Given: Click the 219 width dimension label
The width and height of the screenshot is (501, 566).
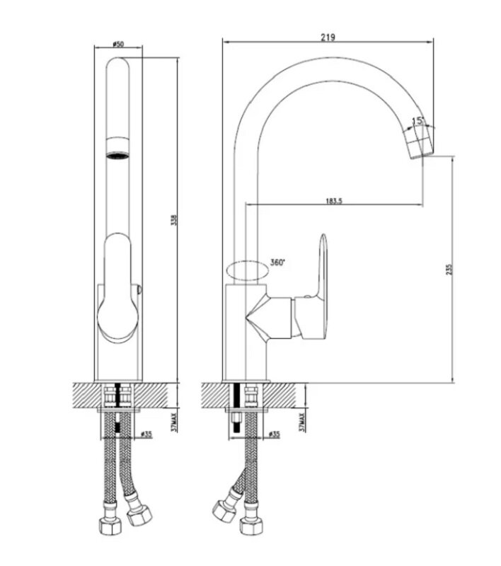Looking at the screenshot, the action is click(x=328, y=37).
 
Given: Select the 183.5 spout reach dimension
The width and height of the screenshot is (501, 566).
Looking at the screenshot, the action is click(x=334, y=200).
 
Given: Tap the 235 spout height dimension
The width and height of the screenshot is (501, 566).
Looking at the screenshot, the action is click(x=449, y=270).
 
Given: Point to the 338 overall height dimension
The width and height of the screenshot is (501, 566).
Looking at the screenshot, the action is click(x=174, y=220).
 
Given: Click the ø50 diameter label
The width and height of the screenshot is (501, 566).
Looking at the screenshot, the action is click(x=118, y=44).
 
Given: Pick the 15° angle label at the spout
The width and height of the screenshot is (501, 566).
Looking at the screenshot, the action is click(x=417, y=120).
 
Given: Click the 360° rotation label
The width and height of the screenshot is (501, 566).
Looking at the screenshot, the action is click(x=277, y=262).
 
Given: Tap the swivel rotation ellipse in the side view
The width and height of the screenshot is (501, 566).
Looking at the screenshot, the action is click(x=247, y=271).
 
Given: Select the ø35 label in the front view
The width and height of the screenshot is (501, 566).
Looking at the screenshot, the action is click(x=146, y=434).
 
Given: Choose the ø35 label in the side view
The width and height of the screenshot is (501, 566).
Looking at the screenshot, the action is click(x=274, y=434).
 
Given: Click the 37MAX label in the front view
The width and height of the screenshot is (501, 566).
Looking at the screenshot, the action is click(x=174, y=422).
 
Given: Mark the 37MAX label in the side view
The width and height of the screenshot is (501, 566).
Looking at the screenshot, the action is click(x=301, y=422).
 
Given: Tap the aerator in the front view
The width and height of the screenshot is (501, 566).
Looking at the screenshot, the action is click(x=117, y=147).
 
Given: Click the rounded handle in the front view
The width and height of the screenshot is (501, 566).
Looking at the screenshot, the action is click(x=117, y=287).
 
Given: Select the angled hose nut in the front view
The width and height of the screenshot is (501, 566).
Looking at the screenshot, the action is click(x=139, y=511).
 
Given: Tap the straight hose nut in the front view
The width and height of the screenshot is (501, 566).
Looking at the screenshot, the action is click(x=110, y=520).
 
